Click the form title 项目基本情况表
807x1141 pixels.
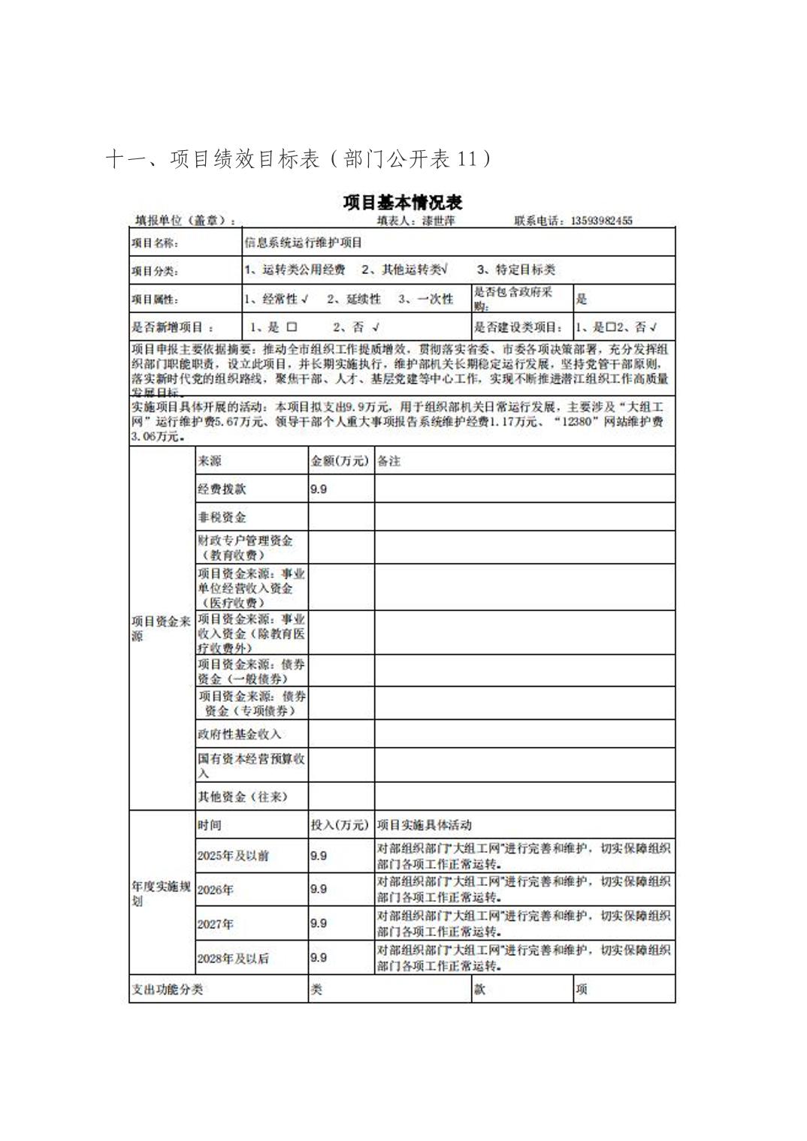click(403, 203)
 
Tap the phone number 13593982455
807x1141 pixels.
click(601, 221)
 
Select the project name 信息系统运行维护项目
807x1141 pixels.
click(304, 242)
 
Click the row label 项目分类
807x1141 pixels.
click(155, 271)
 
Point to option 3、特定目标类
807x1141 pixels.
click(516, 269)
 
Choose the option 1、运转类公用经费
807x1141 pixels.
click(295, 269)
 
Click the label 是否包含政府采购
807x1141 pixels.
click(512, 298)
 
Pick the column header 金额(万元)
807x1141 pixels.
click(340, 461)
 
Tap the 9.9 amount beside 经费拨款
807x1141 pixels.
click(319, 489)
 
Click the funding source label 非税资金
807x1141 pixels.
click(222, 517)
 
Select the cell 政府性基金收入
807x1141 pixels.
click(239, 734)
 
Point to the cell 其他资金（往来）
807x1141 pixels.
click(242, 796)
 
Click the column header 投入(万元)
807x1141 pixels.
click(340, 825)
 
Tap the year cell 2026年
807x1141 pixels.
click(216, 890)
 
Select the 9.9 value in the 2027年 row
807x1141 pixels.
click(319, 923)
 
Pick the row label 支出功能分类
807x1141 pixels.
click(167, 989)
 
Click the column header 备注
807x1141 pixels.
click(388, 461)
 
